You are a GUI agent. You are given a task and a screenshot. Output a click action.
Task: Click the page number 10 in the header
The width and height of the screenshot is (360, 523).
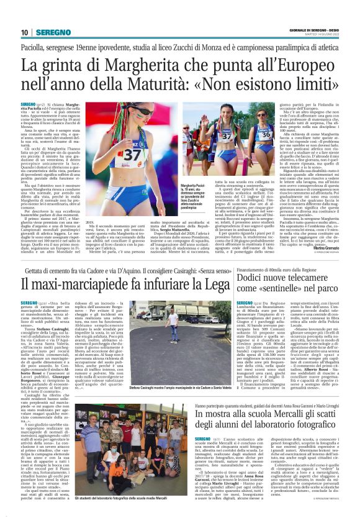25,32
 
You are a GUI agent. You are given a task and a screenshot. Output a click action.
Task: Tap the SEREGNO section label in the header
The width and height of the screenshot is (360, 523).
53,32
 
